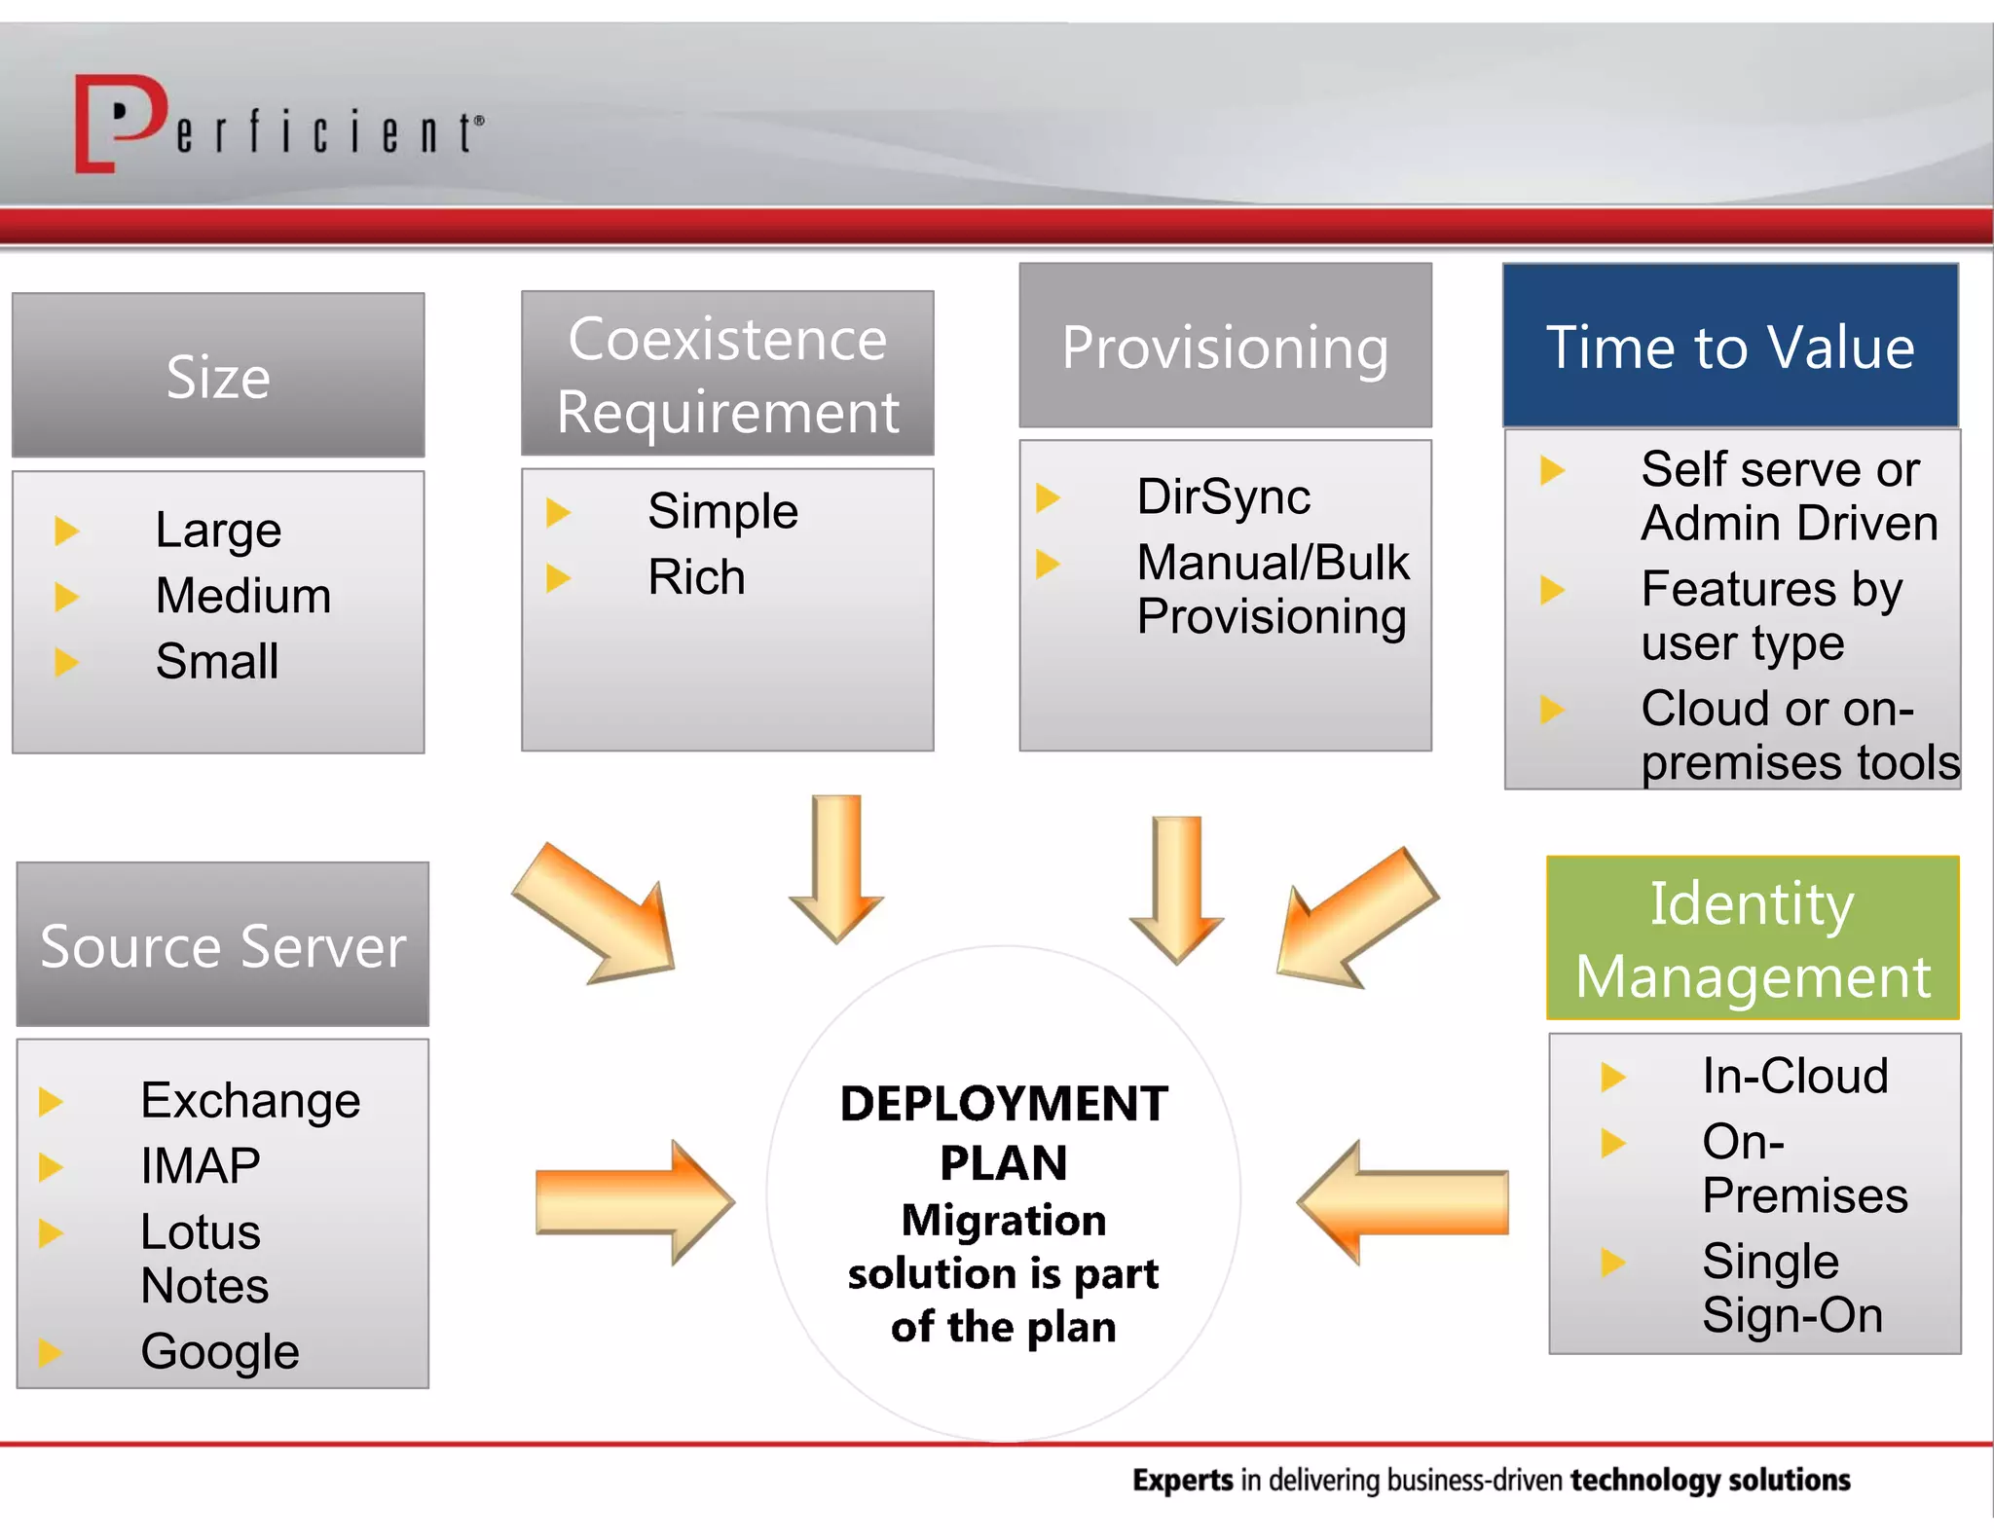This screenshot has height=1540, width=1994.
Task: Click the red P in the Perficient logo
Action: click(122, 122)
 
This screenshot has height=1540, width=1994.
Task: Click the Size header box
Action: click(218, 375)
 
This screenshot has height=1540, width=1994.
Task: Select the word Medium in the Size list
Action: click(243, 596)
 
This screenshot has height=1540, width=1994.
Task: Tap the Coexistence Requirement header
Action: click(727, 374)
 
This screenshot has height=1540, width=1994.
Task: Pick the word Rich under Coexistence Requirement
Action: click(696, 577)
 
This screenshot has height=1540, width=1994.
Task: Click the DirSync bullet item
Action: click(1223, 497)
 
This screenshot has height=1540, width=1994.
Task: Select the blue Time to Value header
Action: click(1730, 346)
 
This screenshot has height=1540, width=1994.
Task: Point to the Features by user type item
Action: click(1770, 615)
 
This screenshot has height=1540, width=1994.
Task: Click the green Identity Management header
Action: click(1753, 938)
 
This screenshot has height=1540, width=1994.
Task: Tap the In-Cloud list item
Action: click(1794, 1077)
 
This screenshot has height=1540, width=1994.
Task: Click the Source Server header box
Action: click(223, 944)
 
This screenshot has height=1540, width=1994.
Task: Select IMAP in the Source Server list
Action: click(201, 1166)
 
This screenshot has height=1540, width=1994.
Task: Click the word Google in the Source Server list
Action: click(220, 1352)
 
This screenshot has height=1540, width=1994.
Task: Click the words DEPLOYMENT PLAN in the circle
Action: click(1004, 1133)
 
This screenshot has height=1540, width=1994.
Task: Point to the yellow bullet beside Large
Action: click(66, 531)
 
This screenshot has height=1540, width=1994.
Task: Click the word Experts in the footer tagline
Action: click(1182, 1481)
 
